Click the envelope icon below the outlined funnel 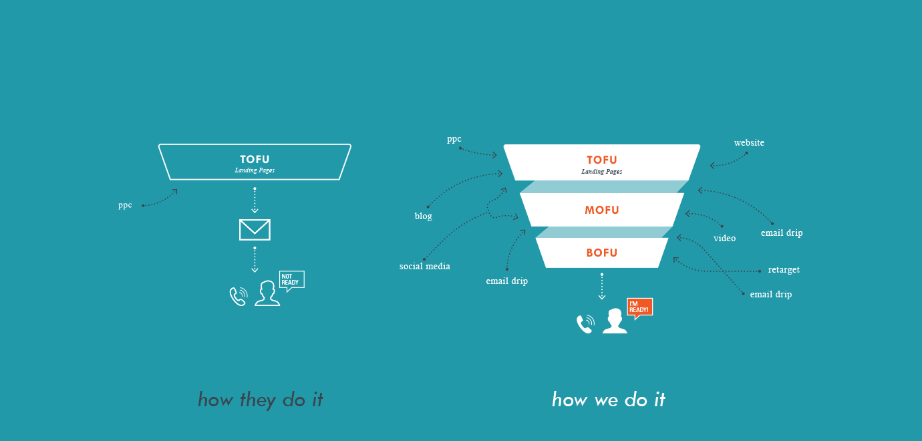pos(255,230)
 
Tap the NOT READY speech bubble pos(291,281)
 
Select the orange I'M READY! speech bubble pos(639,307)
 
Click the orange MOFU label pos(602,210)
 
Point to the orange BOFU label pos(602,253)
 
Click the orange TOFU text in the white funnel pos(602,160)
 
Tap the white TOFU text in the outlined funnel pos(255,159)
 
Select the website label pos(749,142)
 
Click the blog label pos(424,216)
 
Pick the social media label pos(425,266)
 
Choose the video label pos(724,238)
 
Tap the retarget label pos(784,270)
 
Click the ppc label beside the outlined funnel pos(125,205)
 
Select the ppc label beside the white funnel pos(454,139)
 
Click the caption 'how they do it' pos(261,400)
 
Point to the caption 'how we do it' pos(609,400)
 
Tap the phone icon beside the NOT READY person pos(239,297)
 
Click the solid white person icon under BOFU pos(615,321)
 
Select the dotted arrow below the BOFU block pos(602,286)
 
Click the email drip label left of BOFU pos(506,281)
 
